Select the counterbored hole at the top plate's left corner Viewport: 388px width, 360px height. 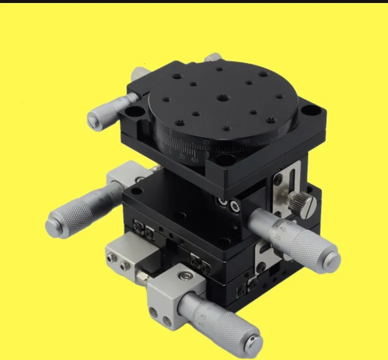pyautogui.click(x=133, y=112)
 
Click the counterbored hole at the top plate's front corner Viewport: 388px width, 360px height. pyautogui.click(x=225, y=160)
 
